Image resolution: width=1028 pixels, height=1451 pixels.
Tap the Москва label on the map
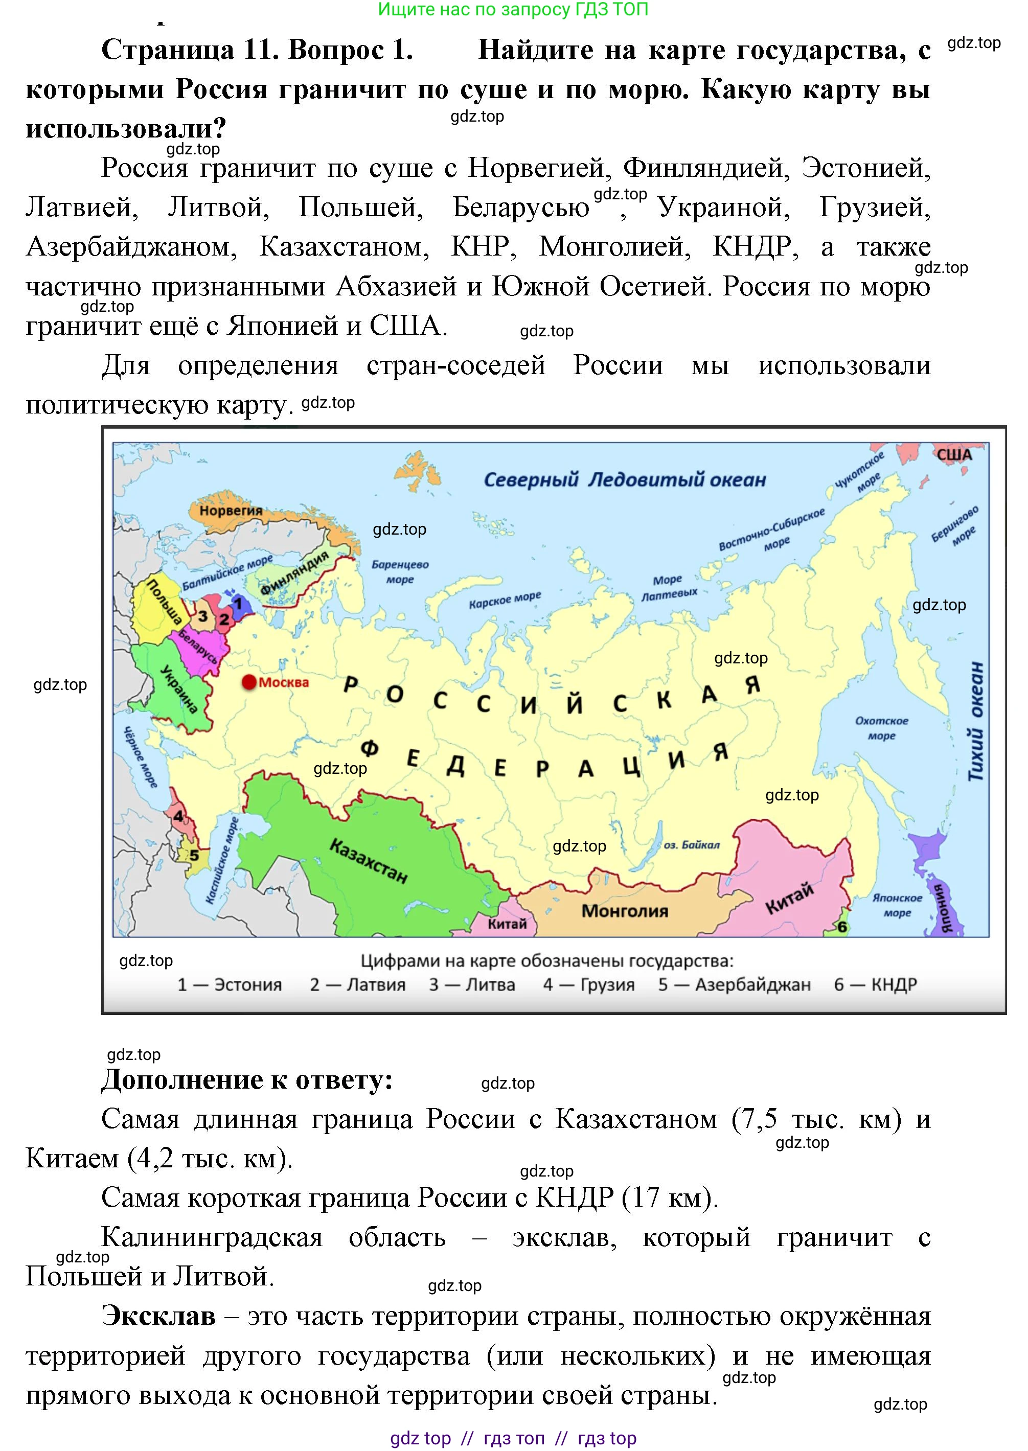pyautogui.click(x=284, y=683)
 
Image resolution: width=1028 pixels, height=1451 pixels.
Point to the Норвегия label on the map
pyautogui.click(x=231, y=511)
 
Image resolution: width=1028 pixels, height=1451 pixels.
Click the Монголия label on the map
pyautogui.click(x=624, y=911)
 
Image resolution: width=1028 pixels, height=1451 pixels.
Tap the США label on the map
pyautogui.click(x=954, y=455)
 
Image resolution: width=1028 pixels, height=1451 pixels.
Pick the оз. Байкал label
pyautogui.click(x=691, y=845)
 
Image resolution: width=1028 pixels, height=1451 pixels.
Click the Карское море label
pyautogui.click(x=505, y=599)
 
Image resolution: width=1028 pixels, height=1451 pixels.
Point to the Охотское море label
pyautogui.click(x=881, y=728)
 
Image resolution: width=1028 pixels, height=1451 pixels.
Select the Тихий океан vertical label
pyautogui.click(x=977, y=721)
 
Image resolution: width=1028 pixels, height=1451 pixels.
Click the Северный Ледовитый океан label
pyautogui.click(x=624, y=479)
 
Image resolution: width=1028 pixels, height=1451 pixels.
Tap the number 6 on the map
pyautogui.click(x=842, y=928)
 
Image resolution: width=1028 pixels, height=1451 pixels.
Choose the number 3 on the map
pyautogui.click(x=202, y=616)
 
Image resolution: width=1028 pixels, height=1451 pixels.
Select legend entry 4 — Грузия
pyautogui.click(x=588, y=985)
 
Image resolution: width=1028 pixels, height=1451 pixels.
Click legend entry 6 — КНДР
pyautogui.click(x=875, y=985)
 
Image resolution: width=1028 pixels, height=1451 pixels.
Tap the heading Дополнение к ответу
pyautogui.click(x=247, y=1079)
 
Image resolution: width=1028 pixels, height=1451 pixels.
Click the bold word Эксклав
pyautogui.click(x=158, y=1316)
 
